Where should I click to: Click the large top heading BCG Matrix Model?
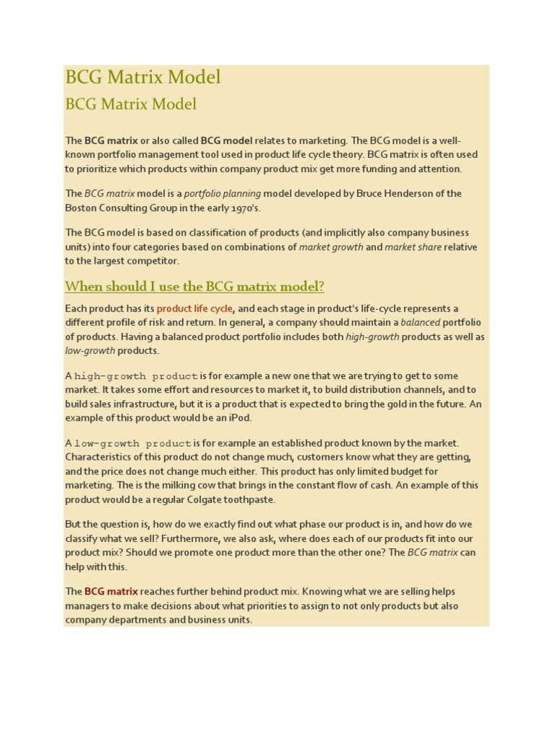[143, 77]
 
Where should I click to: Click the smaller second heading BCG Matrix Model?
[130, 104]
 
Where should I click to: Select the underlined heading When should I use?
[194, 286]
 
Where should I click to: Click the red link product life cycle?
[194, 308]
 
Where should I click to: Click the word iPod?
[239, 418]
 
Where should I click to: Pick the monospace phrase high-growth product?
[136, 376]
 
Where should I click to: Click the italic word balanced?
[421, 322]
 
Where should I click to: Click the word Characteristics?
[100, 457]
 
